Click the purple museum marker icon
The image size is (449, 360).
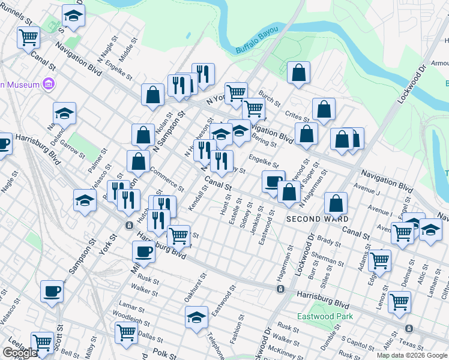[x=49, y=85]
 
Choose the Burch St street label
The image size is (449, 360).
[x=270, y=98]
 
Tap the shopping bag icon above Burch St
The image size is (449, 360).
[x=298, y=73]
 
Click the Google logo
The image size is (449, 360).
[x=20, y=353]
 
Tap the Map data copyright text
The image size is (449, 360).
[x=412, y=355]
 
